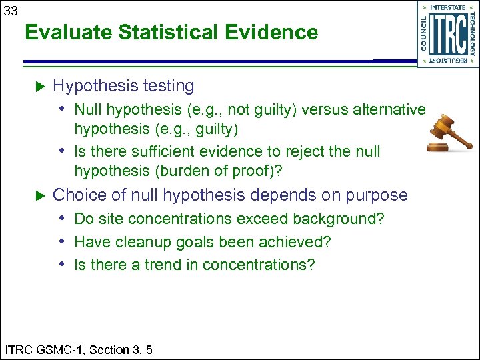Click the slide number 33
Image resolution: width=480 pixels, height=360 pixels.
(x=11, y=11)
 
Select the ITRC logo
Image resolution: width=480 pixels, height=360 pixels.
(x=447, y=34)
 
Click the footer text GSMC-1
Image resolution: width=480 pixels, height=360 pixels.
(x=63, y=349)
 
